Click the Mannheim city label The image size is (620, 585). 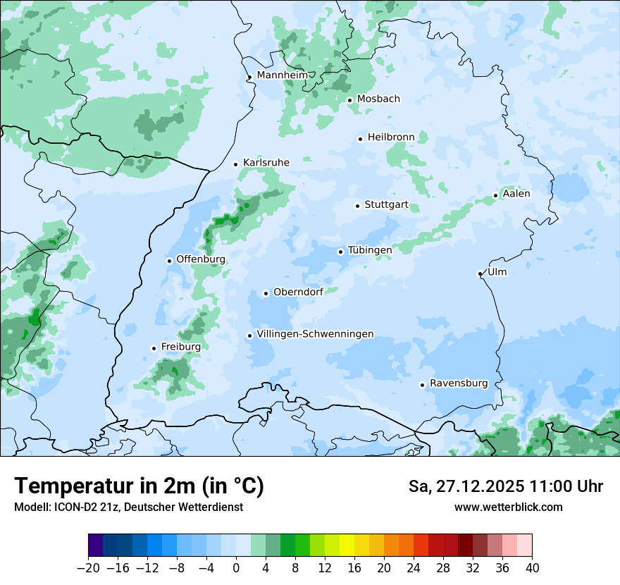tap(283, 75)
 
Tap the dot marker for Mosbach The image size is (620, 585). tap(349, 100)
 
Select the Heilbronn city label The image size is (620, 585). tap(391, 137)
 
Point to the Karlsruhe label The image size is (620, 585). tap(266, 163)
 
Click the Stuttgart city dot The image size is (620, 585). tap(358, 206)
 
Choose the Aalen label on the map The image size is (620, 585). tap(516, 194)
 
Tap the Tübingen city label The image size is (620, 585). tap(370, 250)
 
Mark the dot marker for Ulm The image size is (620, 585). tap(480, 273)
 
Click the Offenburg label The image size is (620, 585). tap(201, 259)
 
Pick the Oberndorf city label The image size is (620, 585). tap(298, 292)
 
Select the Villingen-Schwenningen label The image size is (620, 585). tap(315, 334)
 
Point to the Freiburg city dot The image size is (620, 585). tap(154, 348)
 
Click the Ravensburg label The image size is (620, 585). tap(459, 383)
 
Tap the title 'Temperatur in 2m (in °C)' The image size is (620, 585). tap(139, 486)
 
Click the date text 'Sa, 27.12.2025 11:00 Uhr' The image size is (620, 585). tap(505, 486)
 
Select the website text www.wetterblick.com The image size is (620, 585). tap(508, 507)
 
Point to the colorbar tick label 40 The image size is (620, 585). tap(532, 568)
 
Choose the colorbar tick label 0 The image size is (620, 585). tap(236, 568)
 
